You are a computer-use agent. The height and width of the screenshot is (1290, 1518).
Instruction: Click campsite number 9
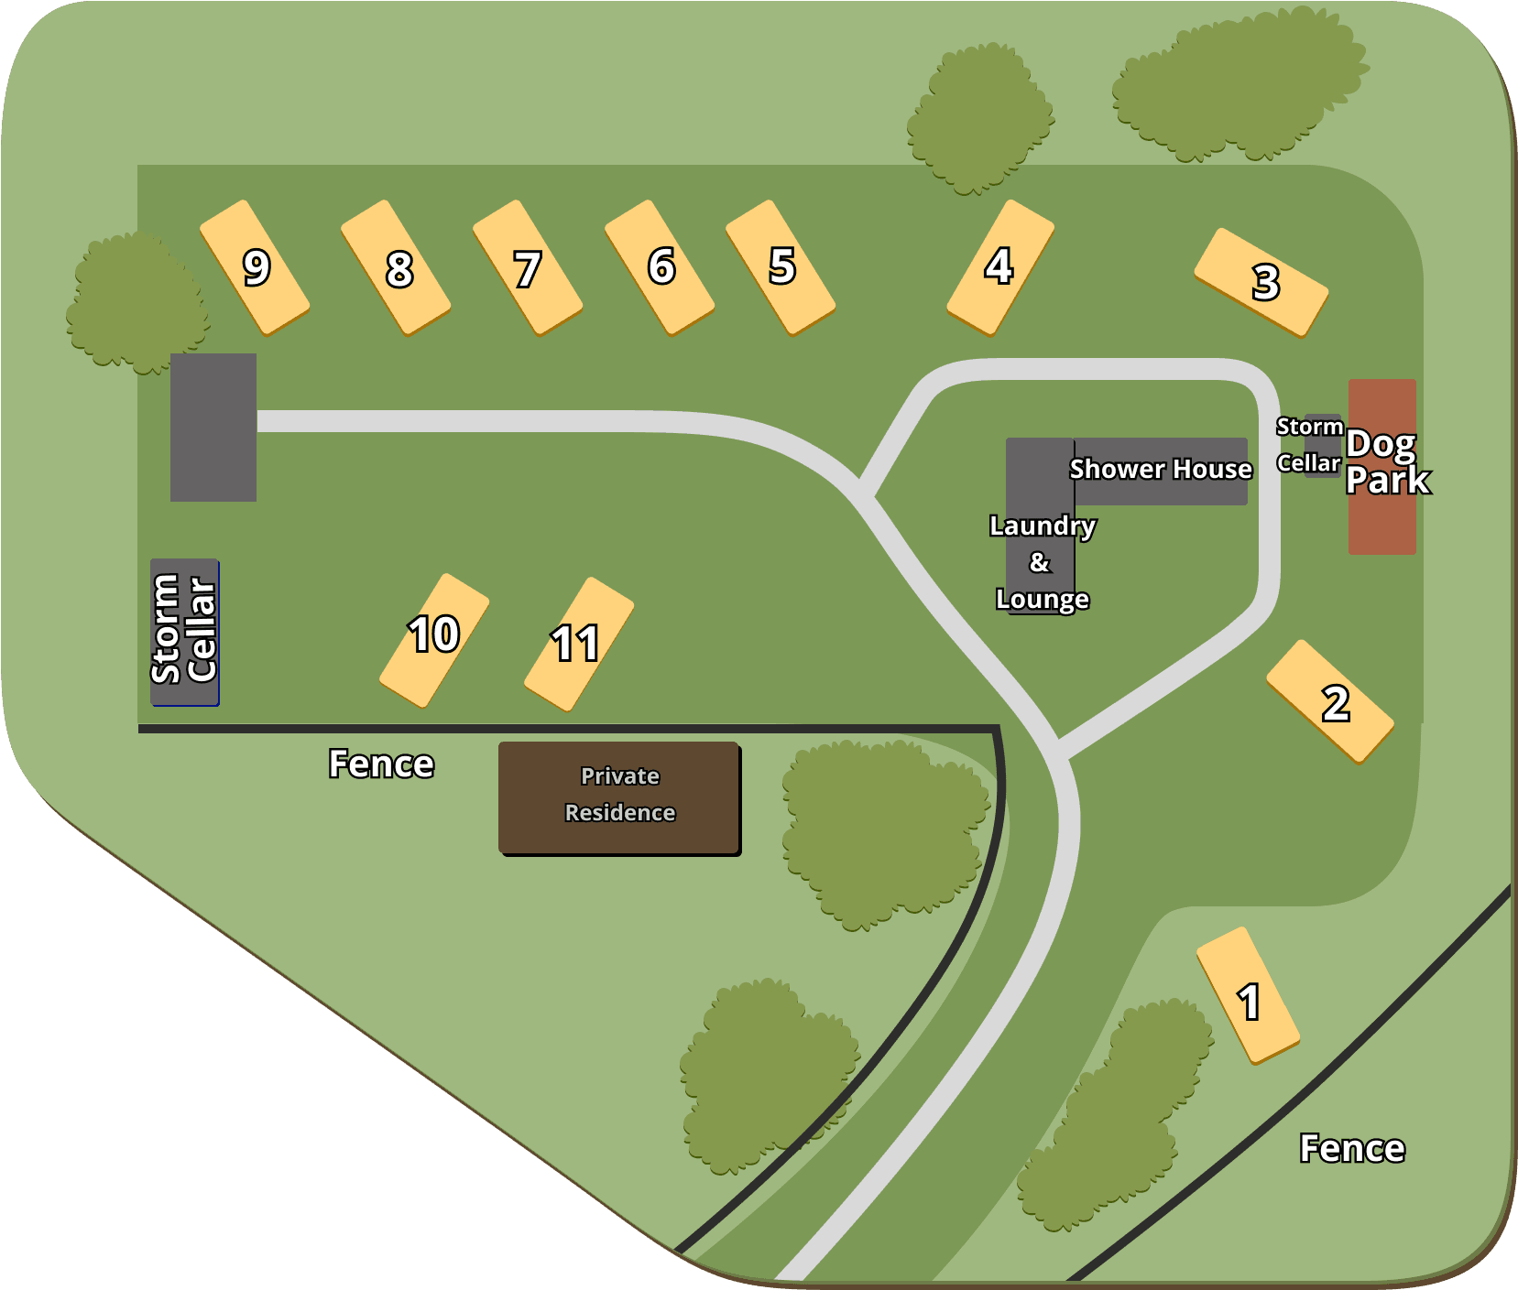255,267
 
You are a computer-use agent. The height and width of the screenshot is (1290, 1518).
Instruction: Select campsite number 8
396,267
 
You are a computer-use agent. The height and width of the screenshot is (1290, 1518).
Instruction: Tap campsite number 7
528,267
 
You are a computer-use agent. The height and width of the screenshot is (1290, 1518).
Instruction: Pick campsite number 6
660,267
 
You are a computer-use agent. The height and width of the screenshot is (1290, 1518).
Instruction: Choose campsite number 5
781,267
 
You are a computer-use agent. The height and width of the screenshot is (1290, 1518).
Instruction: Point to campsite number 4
1000,267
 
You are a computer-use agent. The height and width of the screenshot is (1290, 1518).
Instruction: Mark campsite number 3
1261,282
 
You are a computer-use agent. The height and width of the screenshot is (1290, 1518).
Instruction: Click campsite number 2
1330,701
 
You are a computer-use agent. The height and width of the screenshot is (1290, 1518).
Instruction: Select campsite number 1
1248,995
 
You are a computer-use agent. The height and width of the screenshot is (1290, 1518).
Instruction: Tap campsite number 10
434,641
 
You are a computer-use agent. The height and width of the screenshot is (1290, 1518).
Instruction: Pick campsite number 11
579,644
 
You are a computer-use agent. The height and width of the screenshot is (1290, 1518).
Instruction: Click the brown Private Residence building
619,797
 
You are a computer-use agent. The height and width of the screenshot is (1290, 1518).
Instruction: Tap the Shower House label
1160,470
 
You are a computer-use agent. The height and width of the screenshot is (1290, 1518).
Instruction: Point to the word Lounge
1043,600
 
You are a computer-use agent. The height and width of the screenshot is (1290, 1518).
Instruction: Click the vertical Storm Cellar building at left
184,632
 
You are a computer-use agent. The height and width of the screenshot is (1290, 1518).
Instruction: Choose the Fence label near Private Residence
381,764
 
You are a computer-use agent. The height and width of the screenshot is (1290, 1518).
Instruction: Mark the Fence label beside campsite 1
1352,1148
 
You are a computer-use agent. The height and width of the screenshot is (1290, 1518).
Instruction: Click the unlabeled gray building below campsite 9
213,428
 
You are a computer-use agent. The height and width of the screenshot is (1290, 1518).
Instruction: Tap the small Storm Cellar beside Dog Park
1323,446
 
